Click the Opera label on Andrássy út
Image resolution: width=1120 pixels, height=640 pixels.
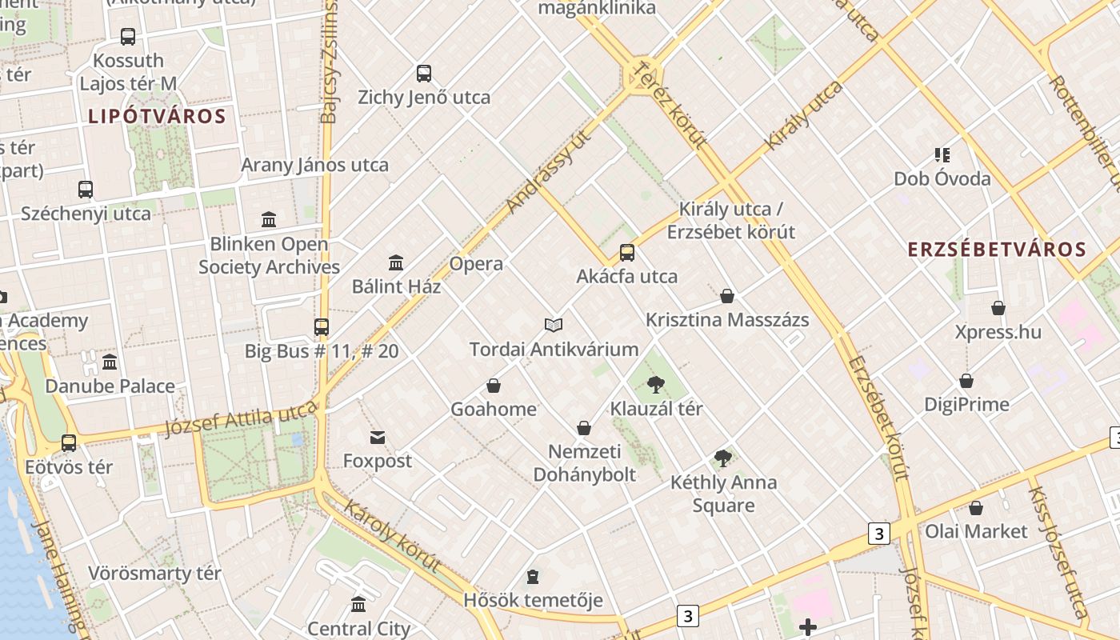476,264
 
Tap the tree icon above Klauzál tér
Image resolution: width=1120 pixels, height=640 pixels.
656,385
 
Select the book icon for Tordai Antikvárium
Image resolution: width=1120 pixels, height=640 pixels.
554,325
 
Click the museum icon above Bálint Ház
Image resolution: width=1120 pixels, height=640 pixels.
396,262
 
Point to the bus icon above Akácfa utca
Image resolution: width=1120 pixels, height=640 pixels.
627,253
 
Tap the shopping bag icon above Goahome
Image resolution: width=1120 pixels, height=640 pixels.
494,386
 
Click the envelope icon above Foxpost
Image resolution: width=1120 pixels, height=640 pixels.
378,438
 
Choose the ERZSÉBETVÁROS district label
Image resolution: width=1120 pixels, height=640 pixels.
997,249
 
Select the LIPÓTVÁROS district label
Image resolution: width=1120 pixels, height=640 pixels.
157,117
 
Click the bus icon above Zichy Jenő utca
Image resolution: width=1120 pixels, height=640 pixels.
424,74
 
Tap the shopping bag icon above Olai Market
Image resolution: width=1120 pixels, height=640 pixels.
975,508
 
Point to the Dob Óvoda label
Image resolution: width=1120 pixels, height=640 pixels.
942,178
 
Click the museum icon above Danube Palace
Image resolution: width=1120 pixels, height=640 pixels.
110,362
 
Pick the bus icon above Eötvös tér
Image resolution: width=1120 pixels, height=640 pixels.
69,443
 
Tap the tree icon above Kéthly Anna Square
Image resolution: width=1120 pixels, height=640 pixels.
722,458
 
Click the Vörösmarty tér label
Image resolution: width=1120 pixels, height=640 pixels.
154,574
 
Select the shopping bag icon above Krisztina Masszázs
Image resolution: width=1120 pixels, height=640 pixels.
727,296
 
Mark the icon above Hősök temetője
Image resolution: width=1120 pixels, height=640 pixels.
533,577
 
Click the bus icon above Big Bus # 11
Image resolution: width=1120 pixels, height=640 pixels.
322,326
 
